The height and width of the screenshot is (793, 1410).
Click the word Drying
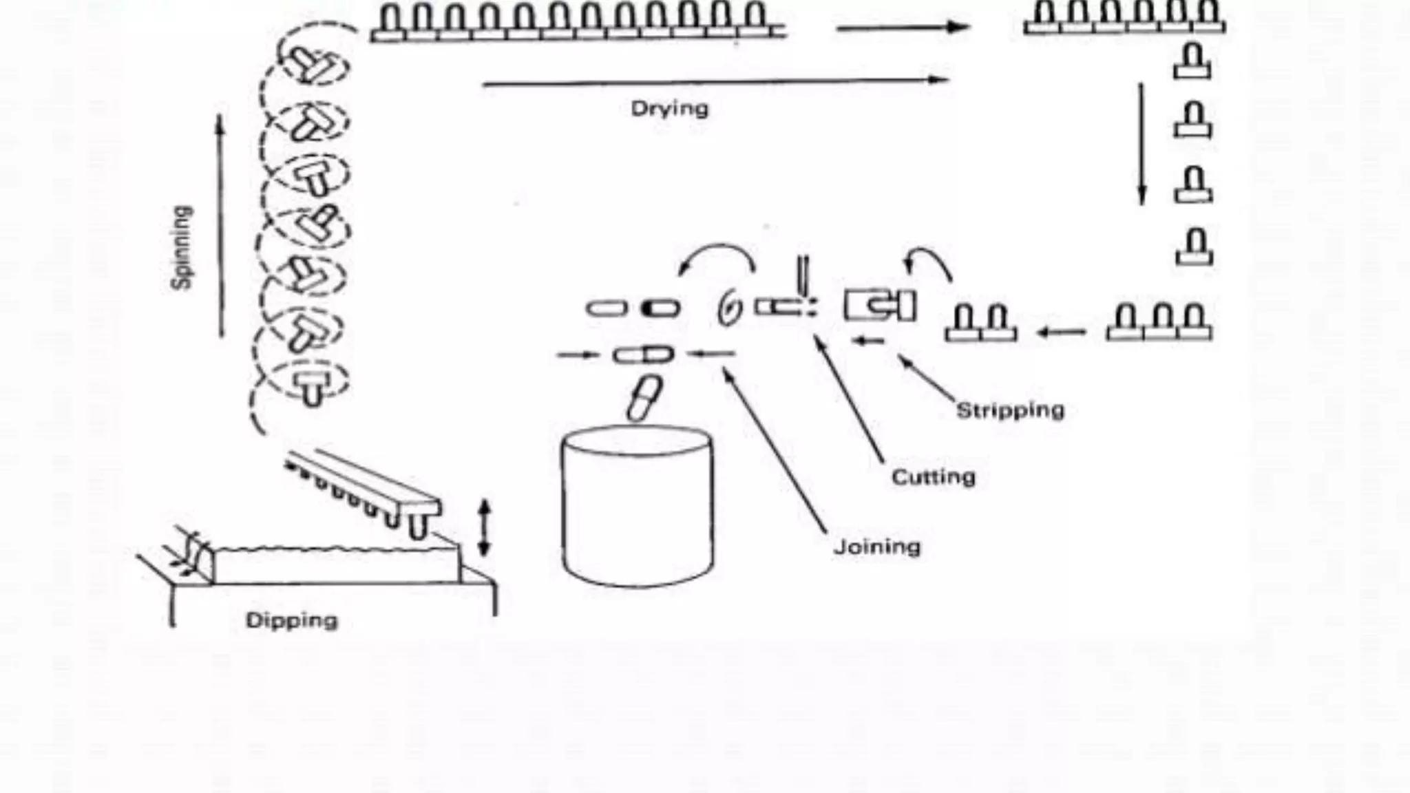tap(669, 109)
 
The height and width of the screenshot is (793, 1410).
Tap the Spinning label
tap(182, 247)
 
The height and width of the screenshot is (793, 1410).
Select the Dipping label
tap(292, 620)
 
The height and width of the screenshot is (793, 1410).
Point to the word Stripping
tap(1010, 410)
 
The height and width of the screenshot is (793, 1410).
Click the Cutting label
tap(933, 477)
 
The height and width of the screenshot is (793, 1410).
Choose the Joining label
tap(876, 547)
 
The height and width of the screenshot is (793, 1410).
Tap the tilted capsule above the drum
tap(644, 398)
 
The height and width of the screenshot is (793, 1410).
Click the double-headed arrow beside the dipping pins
tap(484, 528)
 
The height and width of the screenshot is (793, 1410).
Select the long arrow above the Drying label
tap(716, 82)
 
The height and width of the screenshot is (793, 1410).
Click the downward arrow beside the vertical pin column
tap(1142, 145)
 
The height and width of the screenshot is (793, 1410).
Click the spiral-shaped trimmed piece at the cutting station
tap(730, 308)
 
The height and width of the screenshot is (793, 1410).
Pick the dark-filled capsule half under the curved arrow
tap(661, 308)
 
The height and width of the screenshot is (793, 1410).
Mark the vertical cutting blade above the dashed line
tap(803, 275)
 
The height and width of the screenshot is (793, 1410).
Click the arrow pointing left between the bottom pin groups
tap(1062, 333)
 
